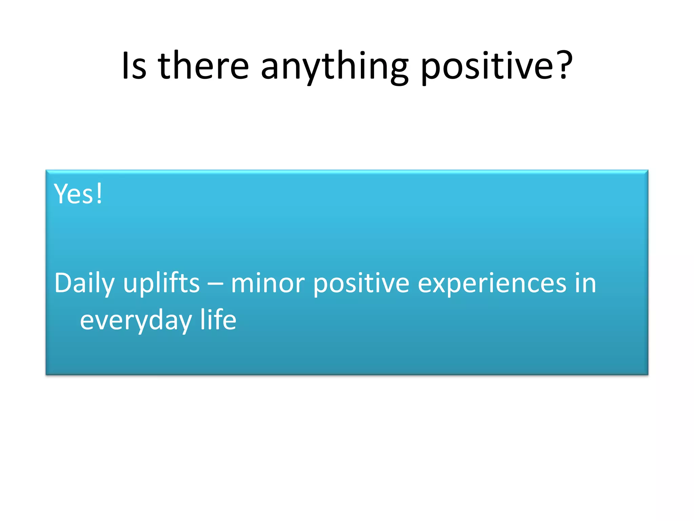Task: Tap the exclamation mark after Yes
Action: click(99, 193)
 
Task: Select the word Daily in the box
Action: click(84, 283)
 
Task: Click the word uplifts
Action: click(161, 283)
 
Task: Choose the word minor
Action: click(268, 283)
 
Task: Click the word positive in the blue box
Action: click(361, 283)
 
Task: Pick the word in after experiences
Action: click(585, 283)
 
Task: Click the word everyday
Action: click(136, 321)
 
